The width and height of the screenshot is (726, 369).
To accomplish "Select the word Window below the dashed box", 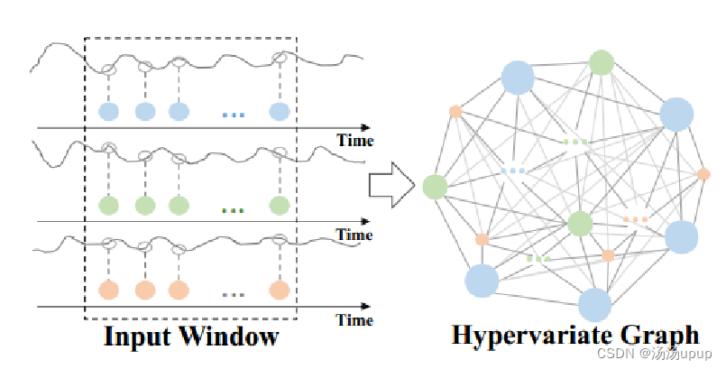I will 228,338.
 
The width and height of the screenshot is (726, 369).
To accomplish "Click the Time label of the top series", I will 354,140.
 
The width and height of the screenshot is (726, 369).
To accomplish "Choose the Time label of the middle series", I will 354,235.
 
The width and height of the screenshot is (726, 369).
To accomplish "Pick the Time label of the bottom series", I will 354,319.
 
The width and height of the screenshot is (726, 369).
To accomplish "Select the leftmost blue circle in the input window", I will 108,112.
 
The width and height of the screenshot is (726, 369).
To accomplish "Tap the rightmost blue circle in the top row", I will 279,112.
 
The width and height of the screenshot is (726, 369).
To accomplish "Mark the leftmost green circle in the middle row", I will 108,205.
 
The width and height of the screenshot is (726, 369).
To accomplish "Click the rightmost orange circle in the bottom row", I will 279,291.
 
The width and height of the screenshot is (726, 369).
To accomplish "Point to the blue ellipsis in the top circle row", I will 233,115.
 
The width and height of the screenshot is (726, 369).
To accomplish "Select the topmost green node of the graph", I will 602,62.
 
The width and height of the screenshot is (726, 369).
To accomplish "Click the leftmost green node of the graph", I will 436,187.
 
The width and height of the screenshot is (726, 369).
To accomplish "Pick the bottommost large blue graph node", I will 594,305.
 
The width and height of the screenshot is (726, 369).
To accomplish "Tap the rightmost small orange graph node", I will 703,174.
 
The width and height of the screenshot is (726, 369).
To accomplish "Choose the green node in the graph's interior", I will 580,223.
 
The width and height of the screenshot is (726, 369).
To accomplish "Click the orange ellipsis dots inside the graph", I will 636,219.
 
